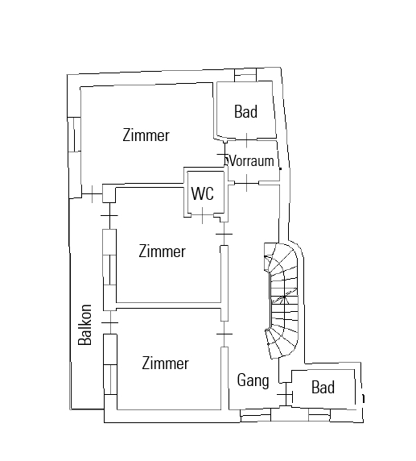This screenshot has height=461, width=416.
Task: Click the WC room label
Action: click(203, 193)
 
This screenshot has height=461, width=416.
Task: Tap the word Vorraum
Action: click(252, 161)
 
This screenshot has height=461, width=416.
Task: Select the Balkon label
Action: click(85, 325)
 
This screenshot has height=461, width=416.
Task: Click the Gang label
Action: click(253, 380)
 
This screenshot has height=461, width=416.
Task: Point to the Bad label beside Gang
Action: click(323, 387)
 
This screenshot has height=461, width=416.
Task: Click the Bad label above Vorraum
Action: click(245, 112)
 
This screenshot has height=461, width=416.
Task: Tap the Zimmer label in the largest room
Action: click(146, 135)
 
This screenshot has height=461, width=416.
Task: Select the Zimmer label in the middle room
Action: click(162, 251)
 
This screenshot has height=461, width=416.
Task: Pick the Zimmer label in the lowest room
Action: click(165, 363)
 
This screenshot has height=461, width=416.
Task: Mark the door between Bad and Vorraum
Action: click(246, 139)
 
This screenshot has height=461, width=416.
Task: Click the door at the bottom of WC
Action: click(202, 215)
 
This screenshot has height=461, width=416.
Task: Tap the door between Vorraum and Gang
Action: click(246, 183)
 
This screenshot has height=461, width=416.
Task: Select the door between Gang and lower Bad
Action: click(286, 395)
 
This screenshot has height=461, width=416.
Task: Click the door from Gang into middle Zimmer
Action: click(224, 234)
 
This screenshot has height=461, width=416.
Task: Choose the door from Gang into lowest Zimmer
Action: click(224, 334)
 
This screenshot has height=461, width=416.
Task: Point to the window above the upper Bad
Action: click(245, 75)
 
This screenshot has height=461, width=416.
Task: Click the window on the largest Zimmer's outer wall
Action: click(74, 135)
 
